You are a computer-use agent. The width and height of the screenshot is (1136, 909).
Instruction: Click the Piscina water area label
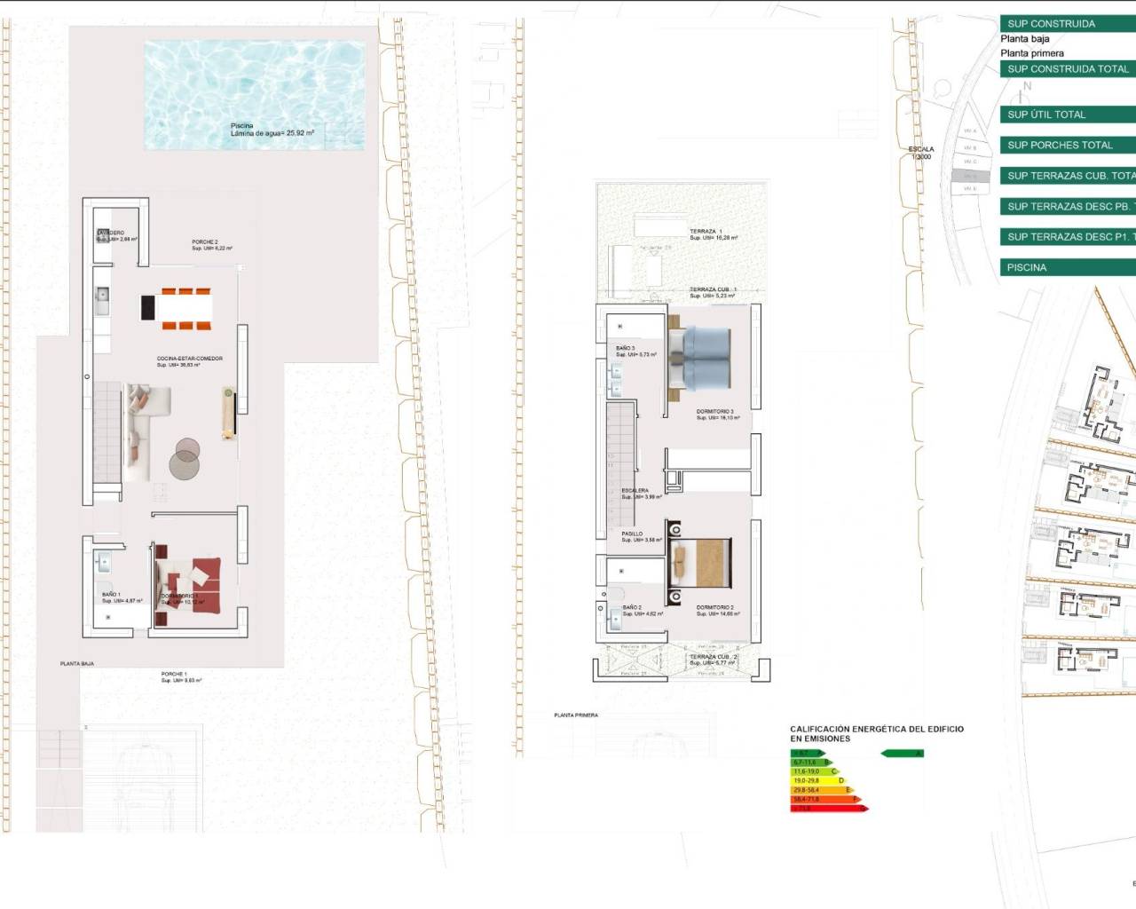coord(272,130)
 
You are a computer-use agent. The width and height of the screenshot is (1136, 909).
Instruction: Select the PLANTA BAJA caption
coord(77,663)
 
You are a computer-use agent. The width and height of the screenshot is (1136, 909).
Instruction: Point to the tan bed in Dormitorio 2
coord(702,563)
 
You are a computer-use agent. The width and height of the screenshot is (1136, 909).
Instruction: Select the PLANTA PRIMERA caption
coord(576,715)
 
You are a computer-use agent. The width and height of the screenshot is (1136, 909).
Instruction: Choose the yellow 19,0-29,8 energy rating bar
coord(817,780)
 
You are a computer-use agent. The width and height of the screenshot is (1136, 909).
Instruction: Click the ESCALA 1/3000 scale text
coord(920,153)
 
